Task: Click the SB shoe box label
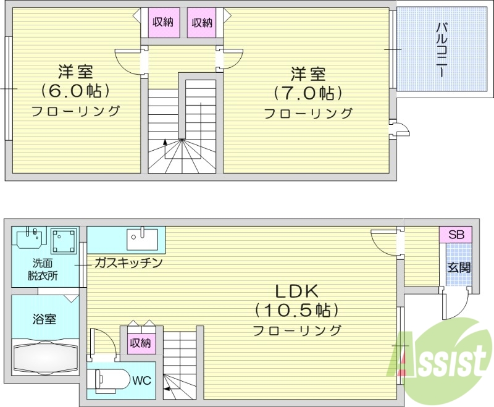(x=456, y=235)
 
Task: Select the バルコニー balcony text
(x=442, y=50)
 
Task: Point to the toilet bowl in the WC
(x=109, y=379)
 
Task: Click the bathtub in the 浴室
(x=45, y=358)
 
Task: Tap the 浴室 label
(x=44, y=319)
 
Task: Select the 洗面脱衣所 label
(x=43, y=270)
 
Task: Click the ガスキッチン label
(x=128, y=263)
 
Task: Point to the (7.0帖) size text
(x=308, y=93)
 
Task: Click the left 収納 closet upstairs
(x=162, y=23)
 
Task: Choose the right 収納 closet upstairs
(x=202, y=23)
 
